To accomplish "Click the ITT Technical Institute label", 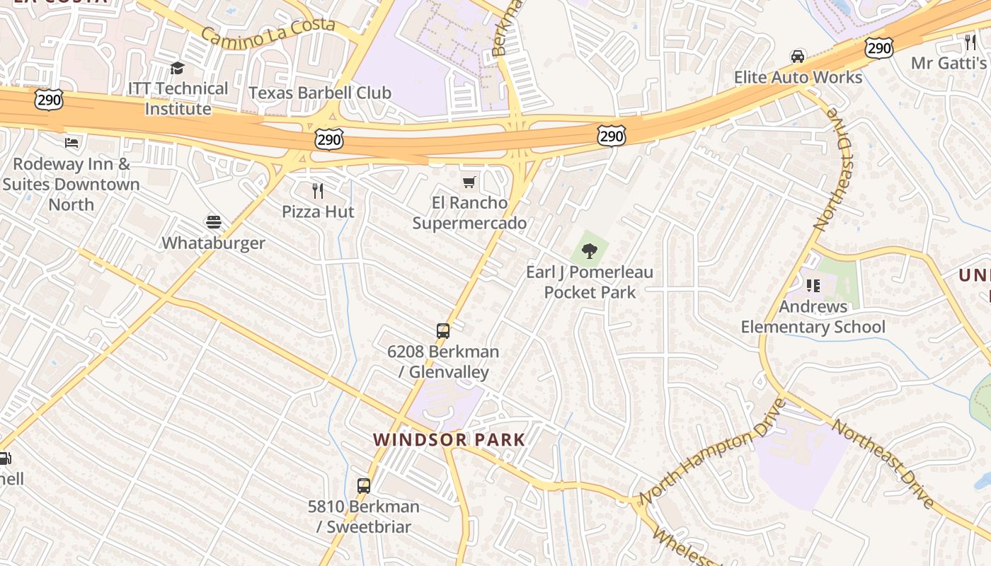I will tap(178, 98).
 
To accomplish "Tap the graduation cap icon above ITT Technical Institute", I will tap(177, 68).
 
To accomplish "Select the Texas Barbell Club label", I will tap(320, 93).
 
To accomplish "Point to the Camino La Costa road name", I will tap(268, 30).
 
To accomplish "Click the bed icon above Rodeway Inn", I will tap(71, 143).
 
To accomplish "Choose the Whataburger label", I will tap(213, 243).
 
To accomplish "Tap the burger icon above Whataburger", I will tap(213, 222).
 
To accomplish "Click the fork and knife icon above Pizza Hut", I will tap(318, 190).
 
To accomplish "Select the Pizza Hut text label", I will tap(318, 212).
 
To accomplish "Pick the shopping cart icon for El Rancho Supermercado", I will tap(469, 183).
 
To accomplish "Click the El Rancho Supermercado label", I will tap(469, 213).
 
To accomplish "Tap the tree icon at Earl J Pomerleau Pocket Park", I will tap(589, 250).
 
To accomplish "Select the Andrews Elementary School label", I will tap(813, 316).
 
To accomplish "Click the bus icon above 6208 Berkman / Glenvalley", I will tap(442, 330).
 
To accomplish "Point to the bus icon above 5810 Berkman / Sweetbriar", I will tap(363, 486).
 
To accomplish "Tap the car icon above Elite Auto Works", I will tap(798, 57).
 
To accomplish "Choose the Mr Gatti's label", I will tap(948, 63).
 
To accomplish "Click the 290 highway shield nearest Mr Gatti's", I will tap(878, 48).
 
